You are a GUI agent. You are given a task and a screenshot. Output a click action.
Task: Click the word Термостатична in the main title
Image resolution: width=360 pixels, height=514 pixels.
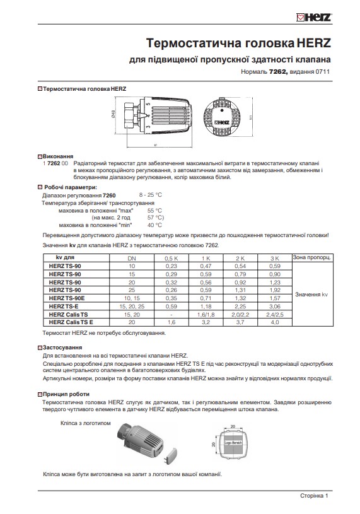click(x=190, y=43)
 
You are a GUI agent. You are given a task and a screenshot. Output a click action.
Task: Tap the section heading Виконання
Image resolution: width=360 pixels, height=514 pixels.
click(x=57, y=156)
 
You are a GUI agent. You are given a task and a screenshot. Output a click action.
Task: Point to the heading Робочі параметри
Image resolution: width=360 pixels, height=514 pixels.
click(x=69, y=188)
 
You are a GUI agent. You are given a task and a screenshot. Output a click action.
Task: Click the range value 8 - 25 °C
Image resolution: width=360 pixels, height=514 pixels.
click(x=151, y=196)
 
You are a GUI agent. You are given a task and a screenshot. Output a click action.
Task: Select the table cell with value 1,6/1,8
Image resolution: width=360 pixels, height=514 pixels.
click(x=205, y=313)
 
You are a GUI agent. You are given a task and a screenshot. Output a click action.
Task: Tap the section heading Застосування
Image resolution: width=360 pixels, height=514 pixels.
click(x=61, y=348)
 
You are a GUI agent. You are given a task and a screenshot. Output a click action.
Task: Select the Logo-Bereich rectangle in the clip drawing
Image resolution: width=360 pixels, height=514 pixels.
click(x=233, y=443)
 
